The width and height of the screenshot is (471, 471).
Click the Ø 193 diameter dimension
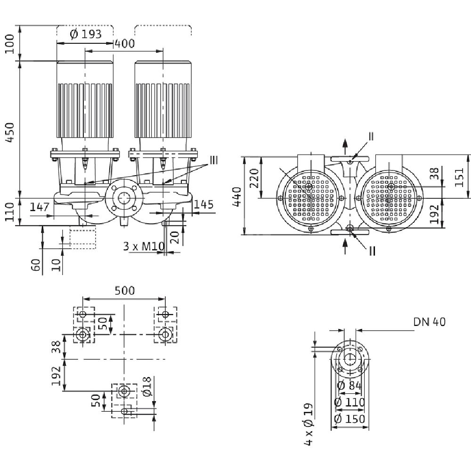click(x=85, y=34)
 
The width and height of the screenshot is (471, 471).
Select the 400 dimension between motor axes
click(x=124, y=44)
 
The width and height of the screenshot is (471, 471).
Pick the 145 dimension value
click(x=203, y=204)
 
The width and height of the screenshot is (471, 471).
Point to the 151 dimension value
click(x=460, y=177)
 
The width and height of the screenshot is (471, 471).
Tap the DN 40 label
click(x=429, y=322)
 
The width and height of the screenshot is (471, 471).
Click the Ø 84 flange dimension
click(x=349, y=386)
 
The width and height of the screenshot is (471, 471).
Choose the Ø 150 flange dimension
click(x=349, y=419)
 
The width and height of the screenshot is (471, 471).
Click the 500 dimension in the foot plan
click(x=124, y=290)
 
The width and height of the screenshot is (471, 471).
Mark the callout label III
click(x=214, y=161)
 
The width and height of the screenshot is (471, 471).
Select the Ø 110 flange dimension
click(x=349, y=403)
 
